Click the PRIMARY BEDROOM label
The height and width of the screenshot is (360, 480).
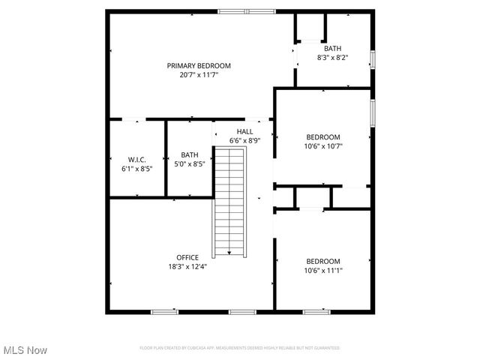[199, 66]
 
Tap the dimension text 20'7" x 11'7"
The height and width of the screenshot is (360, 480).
[199, 75]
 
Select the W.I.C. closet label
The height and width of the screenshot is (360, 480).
[136, 159]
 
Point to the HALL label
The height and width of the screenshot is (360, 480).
[244, 131]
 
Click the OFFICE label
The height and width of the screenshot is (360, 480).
[187, 257]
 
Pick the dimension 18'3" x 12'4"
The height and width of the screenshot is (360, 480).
[187, 266]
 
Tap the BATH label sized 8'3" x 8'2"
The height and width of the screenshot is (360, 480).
[332, 48]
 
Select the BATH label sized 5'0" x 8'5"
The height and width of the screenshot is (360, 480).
[190, 154]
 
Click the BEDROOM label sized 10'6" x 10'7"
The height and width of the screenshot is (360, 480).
[322, 137]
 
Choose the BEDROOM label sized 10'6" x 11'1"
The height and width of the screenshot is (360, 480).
[322, 261]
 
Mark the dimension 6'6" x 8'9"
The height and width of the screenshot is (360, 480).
[244, 140]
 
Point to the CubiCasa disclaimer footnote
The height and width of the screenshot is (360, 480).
[239, 348]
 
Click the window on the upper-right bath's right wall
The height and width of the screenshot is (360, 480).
[372, 60]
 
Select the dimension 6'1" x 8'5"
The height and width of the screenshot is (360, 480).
[136, 169]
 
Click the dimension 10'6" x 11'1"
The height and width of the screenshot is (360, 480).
[322, 270]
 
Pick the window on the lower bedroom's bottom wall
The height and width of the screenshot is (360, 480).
[316, 311]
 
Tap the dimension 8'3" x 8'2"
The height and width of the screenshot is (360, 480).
[332, 57]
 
